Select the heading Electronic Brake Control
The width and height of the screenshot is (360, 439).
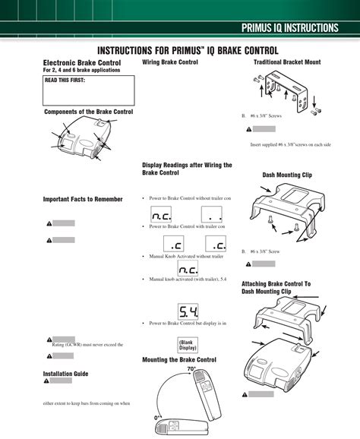(x=81, y=62)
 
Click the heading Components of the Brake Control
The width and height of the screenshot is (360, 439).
(x=88, y=112)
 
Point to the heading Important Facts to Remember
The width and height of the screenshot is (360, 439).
(x=82, y=199)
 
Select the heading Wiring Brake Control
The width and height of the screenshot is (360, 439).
(x=170, y=62)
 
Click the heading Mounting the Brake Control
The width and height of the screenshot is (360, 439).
(x=179, y=358)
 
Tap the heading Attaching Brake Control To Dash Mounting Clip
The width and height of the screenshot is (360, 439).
(x=276, y=287)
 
